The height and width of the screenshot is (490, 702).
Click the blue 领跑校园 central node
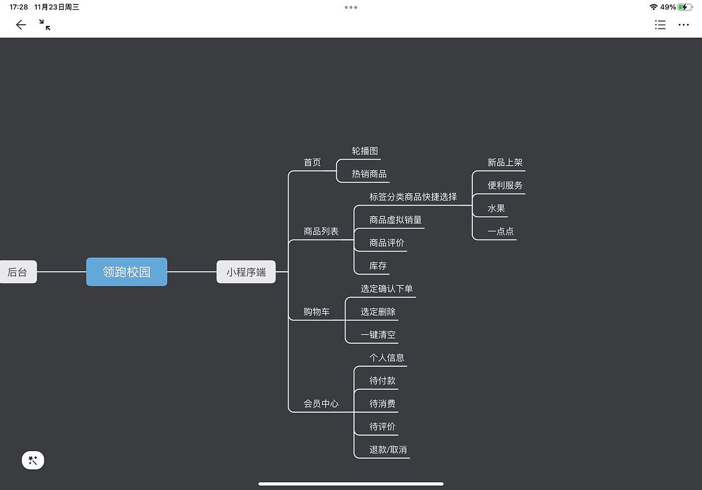click(127, 272)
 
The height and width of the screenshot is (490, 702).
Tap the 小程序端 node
click(246, 272)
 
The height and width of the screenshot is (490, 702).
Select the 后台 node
click(18, 272)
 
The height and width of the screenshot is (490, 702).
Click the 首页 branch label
click(313, 162)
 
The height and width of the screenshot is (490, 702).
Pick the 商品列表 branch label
click(321, 231)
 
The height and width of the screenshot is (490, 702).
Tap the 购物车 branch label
click(317, 311)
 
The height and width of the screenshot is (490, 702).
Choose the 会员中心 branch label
click(321, 403)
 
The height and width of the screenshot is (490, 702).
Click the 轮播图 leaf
click(365, 151)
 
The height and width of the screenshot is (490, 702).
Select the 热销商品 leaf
click(370, 174)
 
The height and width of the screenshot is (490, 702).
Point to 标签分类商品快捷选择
click(414, 197)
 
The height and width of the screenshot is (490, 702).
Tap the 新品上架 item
click(505, 162)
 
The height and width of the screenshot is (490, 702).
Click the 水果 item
click(496, 208)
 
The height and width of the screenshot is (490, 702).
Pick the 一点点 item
click(501, 231)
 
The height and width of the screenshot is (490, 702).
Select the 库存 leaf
click(378, 266)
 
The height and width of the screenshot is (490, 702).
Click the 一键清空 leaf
click(378, 334)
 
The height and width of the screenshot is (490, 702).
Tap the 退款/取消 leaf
click(388, 449)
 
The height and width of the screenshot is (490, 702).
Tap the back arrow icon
click(21, 25)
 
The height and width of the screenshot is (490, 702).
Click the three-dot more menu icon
click(683, 25)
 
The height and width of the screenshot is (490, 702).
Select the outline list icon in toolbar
click(660, 25)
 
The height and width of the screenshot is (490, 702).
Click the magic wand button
click(33, 460)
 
